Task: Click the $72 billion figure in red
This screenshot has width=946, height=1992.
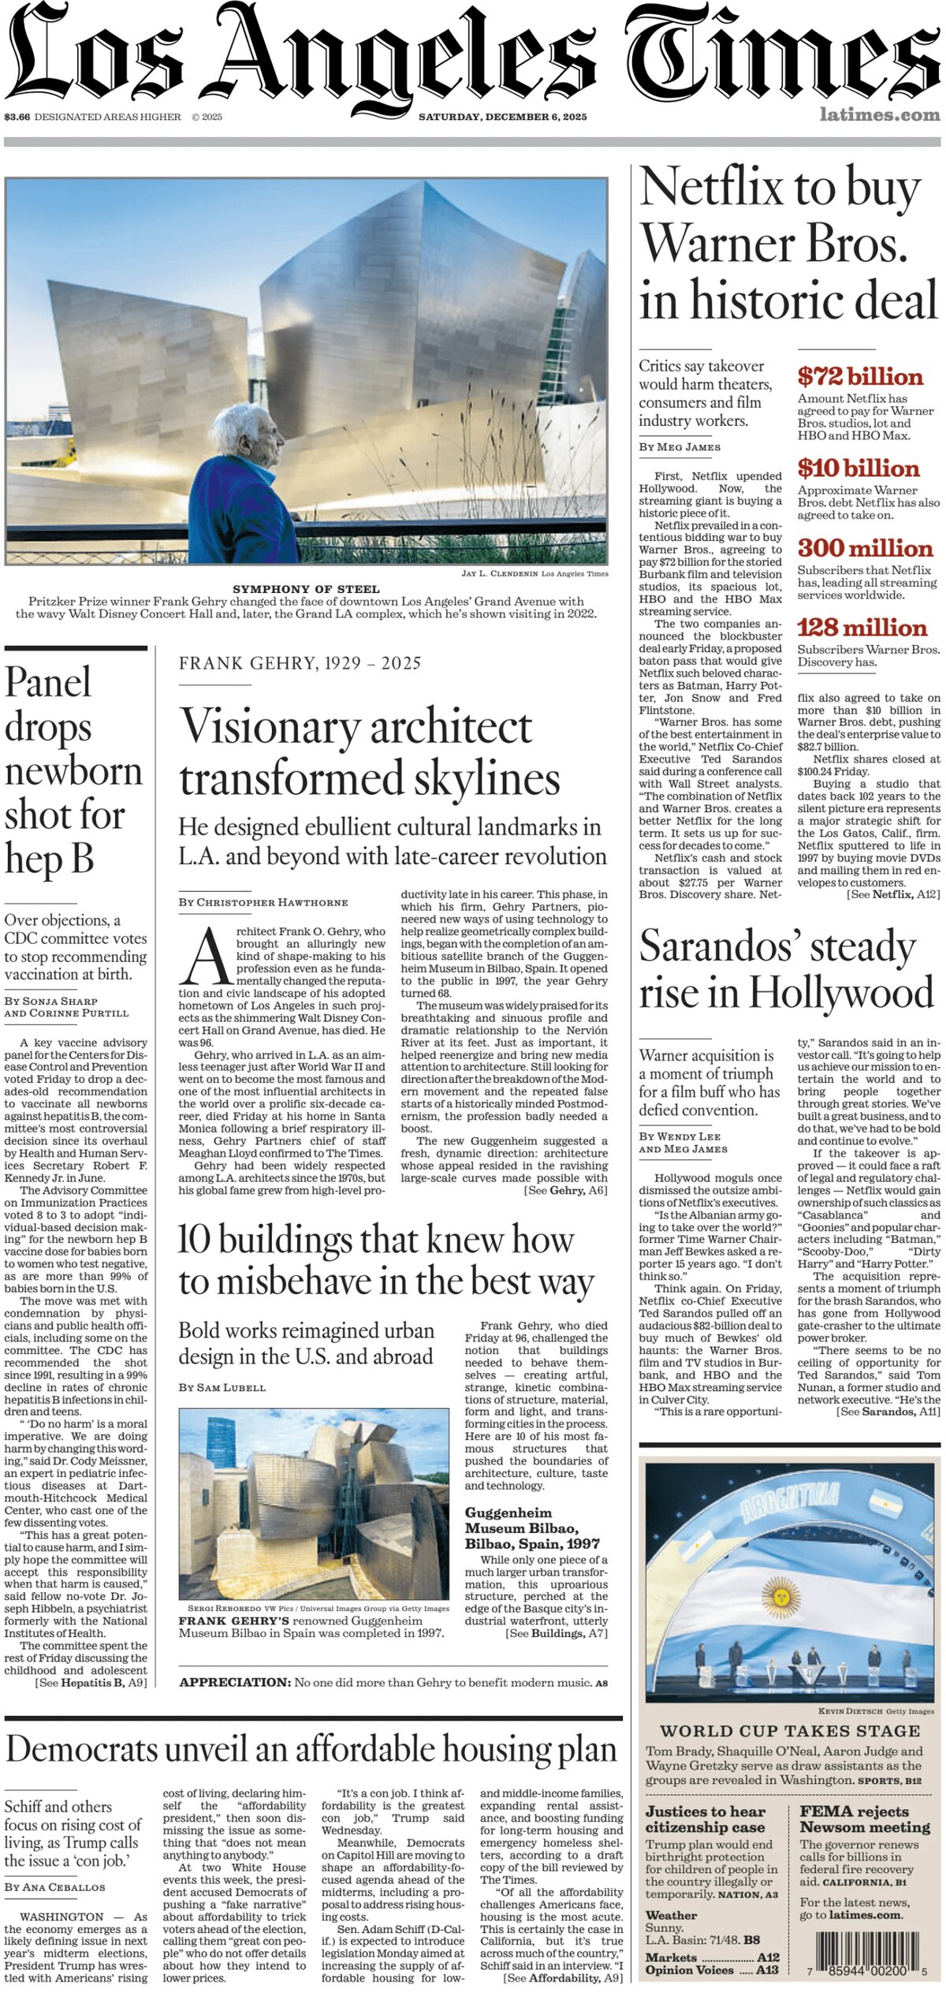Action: (859, 376)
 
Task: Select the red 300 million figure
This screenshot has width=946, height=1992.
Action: (864, 548)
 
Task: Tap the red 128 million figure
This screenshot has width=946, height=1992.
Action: (862, 628)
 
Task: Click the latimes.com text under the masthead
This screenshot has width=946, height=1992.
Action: (879, 115)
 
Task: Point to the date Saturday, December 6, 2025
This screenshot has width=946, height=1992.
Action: (502, 117)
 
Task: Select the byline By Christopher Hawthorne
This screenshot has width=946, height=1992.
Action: (263, 902)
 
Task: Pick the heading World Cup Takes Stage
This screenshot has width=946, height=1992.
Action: (790, 1731)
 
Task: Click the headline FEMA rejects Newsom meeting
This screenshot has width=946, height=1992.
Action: (864, 1819)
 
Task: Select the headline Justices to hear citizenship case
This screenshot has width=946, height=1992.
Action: (705, 1819)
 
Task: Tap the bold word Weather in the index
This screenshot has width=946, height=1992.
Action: (671, 1916)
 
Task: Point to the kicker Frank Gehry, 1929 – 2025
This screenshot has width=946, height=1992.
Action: (300, 663)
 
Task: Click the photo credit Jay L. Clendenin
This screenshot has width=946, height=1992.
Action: (500, 573)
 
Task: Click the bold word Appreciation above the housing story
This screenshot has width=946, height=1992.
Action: (235, 1683)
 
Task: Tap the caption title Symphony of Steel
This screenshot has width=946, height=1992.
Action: (306, 589)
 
